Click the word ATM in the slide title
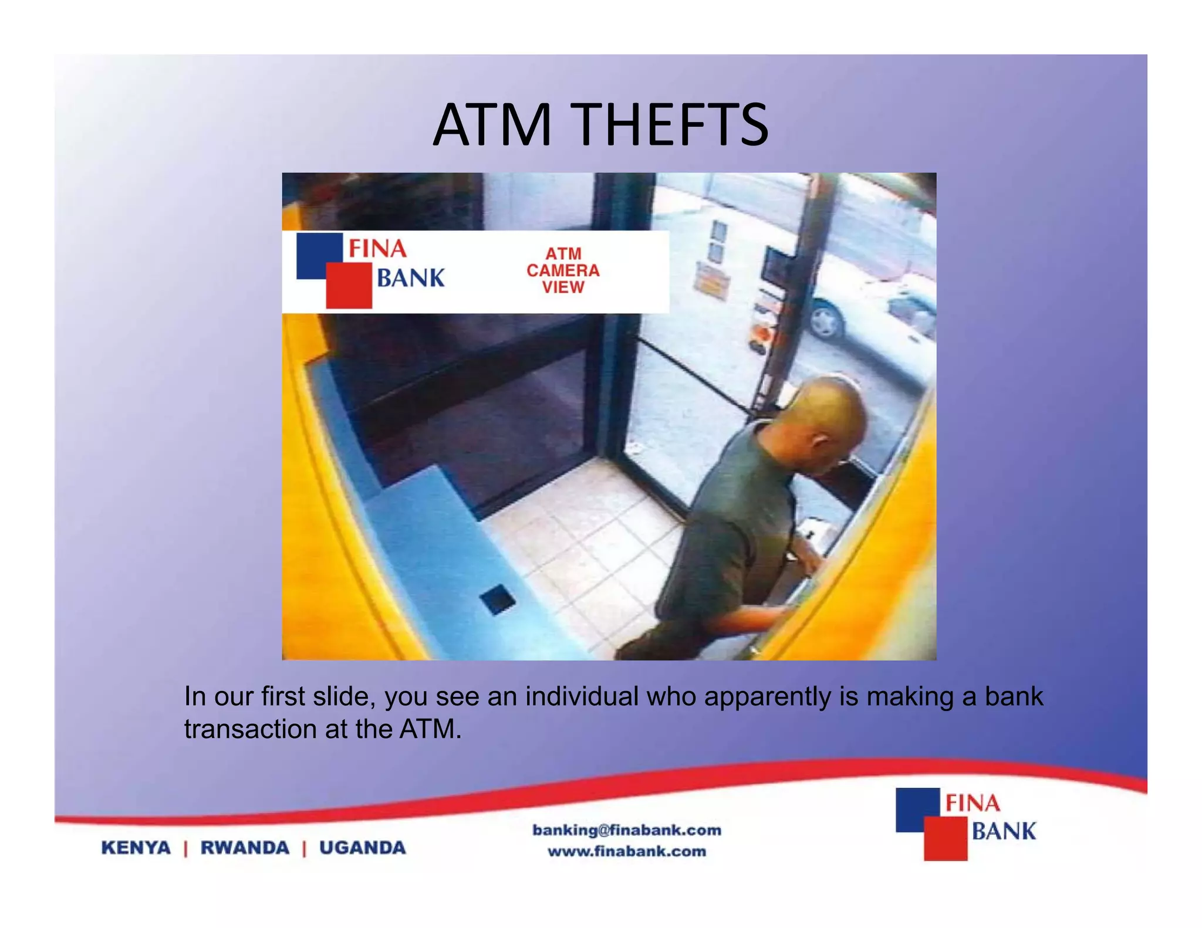(x=492, y=125)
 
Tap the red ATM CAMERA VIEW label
(x=563, y=270)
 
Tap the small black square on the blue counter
(x=497, y=599)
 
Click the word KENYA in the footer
(x=136, y=848)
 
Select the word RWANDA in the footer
(x=245, y=848)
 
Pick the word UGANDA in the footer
(x=362, y=848)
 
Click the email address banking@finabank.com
(x=627, y=830)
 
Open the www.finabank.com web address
(x=627, y=851)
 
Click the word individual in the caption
(x=581, y=696)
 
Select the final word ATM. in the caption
(x=430, y=729)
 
